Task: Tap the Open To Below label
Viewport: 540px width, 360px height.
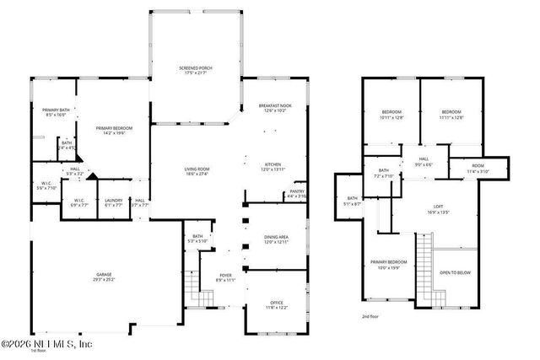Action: click(456, 273)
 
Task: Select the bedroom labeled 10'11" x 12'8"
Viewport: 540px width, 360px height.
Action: click(392, 116)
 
